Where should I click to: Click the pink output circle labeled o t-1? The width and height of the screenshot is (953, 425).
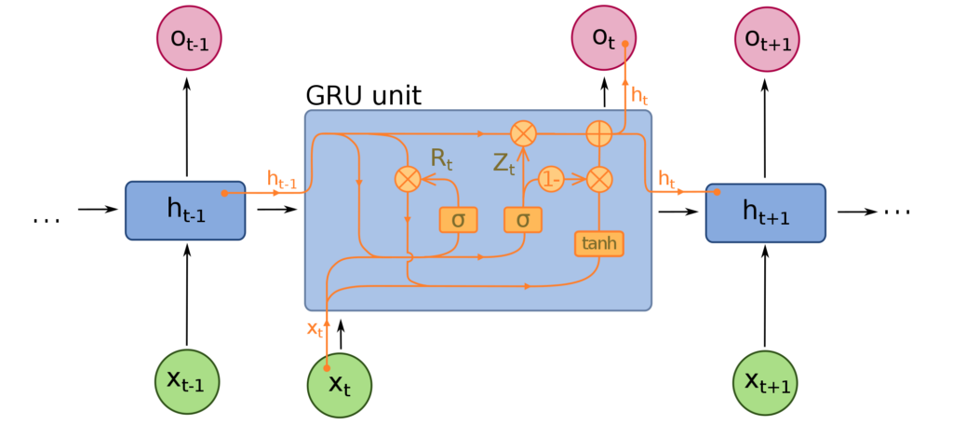[190, 39]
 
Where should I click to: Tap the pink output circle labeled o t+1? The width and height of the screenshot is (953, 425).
[767, 39]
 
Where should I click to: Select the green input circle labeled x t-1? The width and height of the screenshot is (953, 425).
[186, 382]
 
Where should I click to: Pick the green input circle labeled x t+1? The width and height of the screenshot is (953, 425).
[765, 382]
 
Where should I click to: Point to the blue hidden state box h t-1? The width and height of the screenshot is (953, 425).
[185, 210]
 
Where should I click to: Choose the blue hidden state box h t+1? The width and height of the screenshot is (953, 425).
[765, 212]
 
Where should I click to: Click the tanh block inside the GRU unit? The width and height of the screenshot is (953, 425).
[599, 243]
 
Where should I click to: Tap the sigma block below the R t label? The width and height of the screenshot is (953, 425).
[458, 220]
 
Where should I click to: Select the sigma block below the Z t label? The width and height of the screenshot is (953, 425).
[523, 220]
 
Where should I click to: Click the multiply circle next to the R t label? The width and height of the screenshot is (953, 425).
[408, 179]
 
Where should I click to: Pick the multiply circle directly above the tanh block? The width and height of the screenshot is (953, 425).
[599, 179]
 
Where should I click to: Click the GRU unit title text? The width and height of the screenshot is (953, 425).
[364, 96]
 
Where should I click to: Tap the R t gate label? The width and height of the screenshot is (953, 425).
[442, 158]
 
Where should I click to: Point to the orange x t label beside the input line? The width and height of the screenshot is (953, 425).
[315, 329]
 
